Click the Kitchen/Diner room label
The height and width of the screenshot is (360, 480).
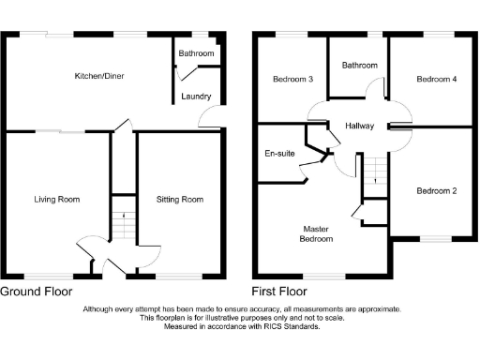tap(101, 75)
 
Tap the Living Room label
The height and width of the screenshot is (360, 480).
tap(56, 199)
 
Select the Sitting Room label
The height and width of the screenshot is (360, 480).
tap(179, 199)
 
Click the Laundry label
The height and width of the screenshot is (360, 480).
tap(197, 97)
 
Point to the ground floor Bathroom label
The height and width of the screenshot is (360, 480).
tap(198, 54)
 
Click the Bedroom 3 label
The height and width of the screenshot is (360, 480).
tap(292, 79)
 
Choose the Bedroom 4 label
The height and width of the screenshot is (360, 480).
tap(437, 79)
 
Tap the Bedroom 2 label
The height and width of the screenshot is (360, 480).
tap(437, 191)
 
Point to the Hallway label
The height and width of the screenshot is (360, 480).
tap(359, 126)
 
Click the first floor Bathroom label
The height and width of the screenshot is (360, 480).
tap(359, 65)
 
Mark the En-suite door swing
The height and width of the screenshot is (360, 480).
tap(303, 172)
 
